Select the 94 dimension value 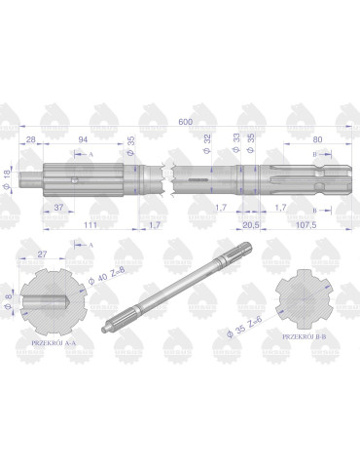point(85,139)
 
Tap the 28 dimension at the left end point(32,139)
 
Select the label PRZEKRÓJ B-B point(304,334)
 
